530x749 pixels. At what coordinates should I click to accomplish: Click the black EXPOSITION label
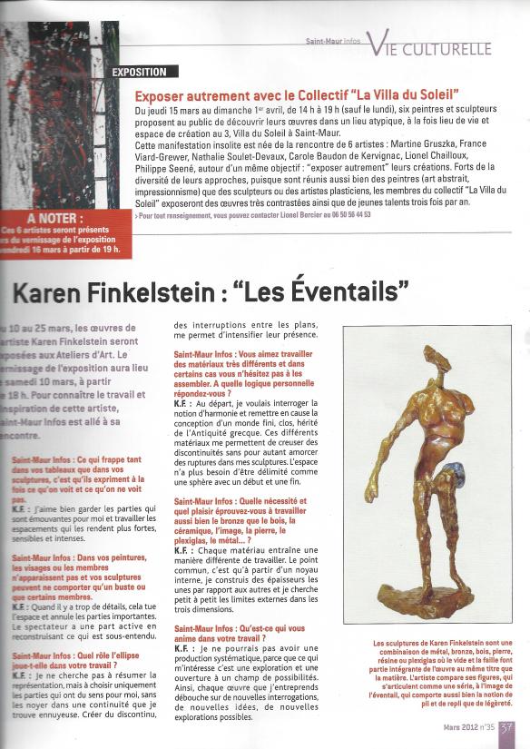click(x=139, y=72)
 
